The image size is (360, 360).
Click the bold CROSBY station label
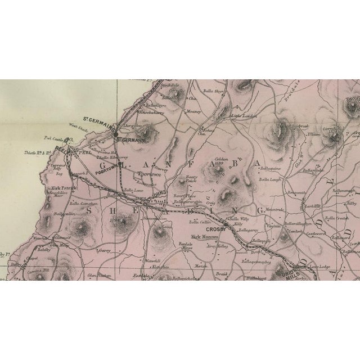point(216,229)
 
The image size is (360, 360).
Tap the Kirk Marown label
point(204,237)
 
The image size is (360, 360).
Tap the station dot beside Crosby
point(226,224)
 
